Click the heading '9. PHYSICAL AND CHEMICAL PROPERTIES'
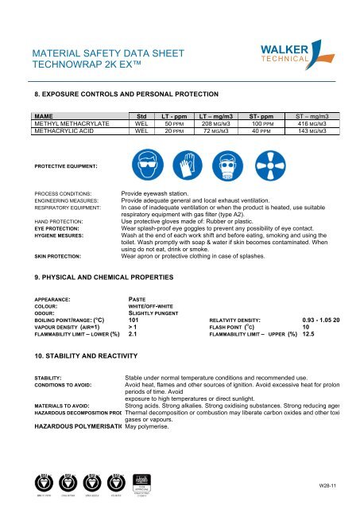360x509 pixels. click(x=100, y=256)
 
